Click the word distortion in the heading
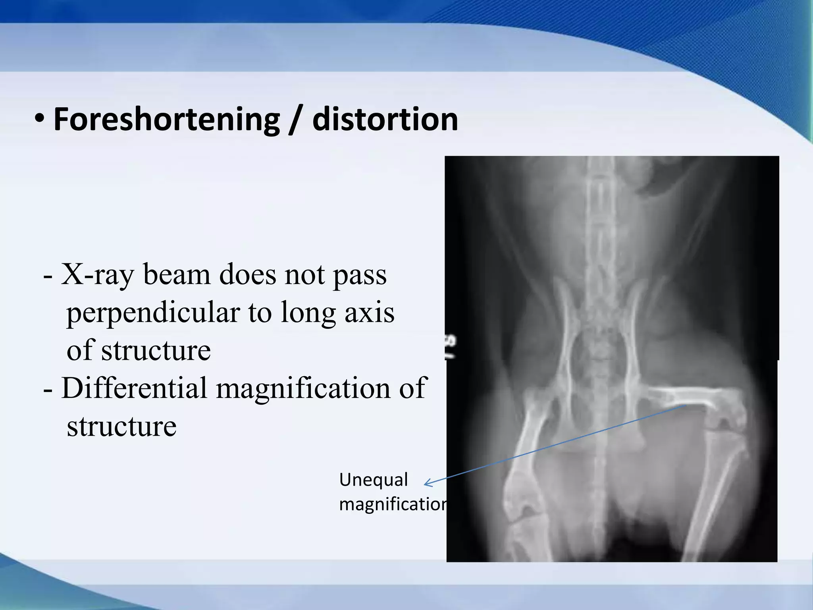[x=385, y=120]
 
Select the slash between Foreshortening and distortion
[x=295, y=120]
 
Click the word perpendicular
[x=153, y=313]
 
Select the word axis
[x=369, y=313]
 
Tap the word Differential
[x=134, y=388]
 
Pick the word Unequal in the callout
[x=373, y=480]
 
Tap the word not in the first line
[x=301, y=275]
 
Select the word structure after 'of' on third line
[x=156, y=351]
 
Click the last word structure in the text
[x=121, y=426]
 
